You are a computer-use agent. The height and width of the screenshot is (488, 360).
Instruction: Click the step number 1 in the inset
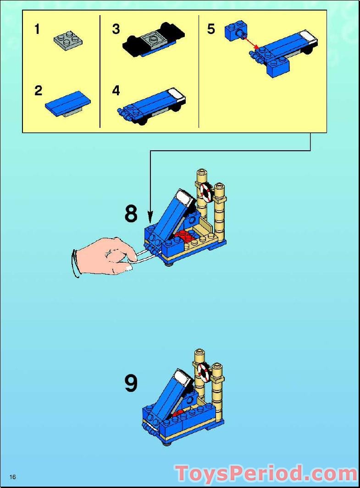pos(37,30)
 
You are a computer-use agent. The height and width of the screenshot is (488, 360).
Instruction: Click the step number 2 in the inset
pos(38,91)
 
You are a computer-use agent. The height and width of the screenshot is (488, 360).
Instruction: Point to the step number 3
pos(116,30)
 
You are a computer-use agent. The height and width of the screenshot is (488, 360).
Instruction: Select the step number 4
pos(116,91)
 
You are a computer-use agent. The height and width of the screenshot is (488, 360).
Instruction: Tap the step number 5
pos(211,30)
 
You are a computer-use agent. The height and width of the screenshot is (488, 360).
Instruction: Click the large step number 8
pos(131,214)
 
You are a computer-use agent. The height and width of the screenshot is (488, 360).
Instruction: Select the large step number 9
pos(131,384)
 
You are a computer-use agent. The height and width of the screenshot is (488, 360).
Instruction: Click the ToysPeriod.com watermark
pos(266,473)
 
